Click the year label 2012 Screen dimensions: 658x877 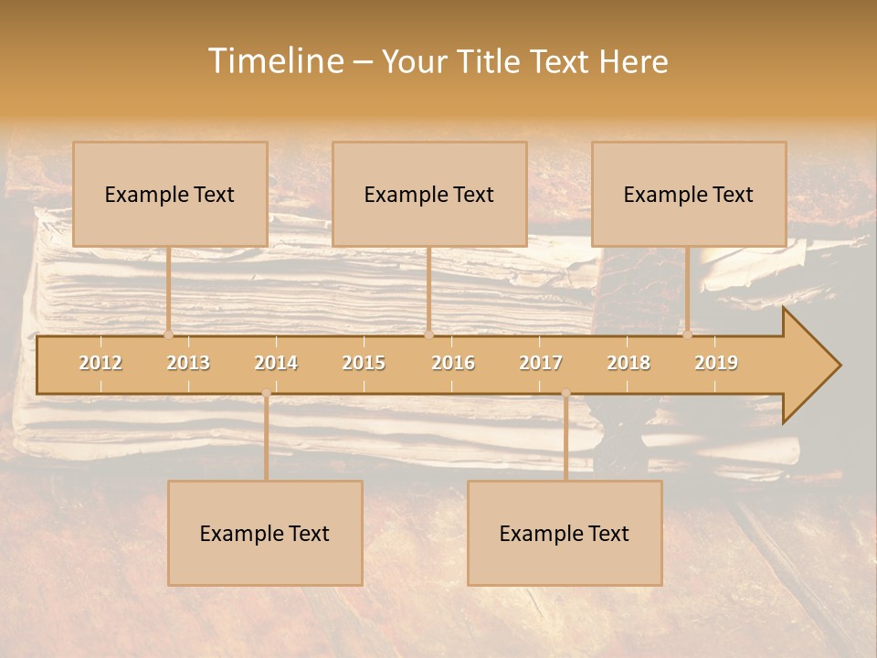point(100,363)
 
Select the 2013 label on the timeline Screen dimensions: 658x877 point(188,363)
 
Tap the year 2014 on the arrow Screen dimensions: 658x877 point(276,363)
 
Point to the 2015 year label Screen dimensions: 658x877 point(364,363)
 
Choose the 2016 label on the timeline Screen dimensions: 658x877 point(453,363)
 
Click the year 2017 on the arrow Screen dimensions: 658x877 point(541,363)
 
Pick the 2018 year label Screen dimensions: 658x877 point(629,363)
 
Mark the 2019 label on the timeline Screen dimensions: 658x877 point(716,363)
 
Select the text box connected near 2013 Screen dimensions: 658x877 point(170,194)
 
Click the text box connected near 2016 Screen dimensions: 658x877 point(429,194)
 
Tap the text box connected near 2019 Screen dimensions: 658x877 point(689,194)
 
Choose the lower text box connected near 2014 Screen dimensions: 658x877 point(265,533)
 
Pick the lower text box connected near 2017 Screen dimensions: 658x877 point(565,533)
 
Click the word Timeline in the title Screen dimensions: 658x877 point(274,61)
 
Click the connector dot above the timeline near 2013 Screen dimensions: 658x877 point(168,334)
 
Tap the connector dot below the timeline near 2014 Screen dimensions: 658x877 point(266,393)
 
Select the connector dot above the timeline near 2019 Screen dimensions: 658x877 point(687,334)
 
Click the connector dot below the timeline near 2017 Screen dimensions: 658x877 point(565,393)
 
